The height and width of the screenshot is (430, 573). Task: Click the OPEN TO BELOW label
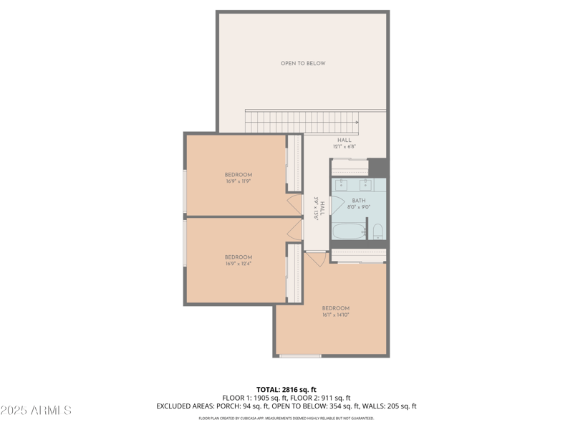pos(302,64)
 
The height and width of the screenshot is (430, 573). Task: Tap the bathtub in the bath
pos(349,231)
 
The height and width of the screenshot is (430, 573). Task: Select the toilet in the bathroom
pos(377,231)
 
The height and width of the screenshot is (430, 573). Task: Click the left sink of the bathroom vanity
pos(340,183)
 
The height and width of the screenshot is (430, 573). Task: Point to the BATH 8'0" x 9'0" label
pos(360,204)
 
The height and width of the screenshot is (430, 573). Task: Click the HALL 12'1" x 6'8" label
pos(345,143)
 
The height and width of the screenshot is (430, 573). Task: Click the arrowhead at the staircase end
pos(356,123)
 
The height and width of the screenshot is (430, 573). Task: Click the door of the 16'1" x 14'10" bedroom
pos(316,257)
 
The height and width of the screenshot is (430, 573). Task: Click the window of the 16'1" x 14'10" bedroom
pos(300,355)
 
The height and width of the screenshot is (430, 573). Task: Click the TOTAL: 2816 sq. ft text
pos(286,390)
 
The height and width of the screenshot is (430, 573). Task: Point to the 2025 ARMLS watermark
pos(36,411)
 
